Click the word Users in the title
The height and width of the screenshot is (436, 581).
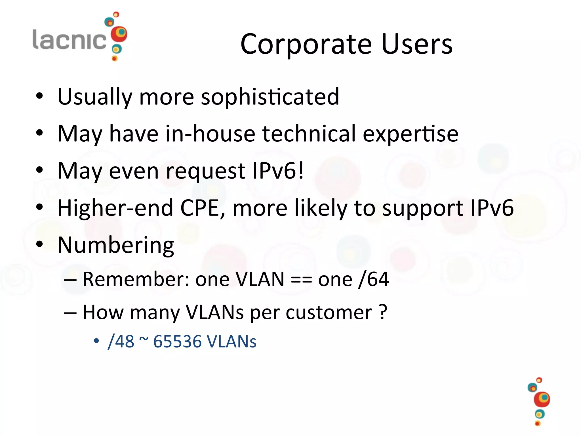[x=417, y=44]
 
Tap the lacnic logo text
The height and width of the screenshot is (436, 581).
[x=70, y=40]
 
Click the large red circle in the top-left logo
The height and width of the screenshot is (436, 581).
[x=119, y=34]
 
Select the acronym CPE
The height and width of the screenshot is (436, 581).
[x=203, y=208]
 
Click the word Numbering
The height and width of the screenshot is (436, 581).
[x=116, y=245]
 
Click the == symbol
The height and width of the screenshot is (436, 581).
[x=301, y=280]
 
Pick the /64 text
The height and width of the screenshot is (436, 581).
[x=374, y=279]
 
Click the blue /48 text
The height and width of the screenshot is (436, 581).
[x=121, y=341]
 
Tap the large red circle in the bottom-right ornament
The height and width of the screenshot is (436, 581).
[x=542, y=399]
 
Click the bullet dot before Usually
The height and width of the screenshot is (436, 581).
[x=39, y=96]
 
